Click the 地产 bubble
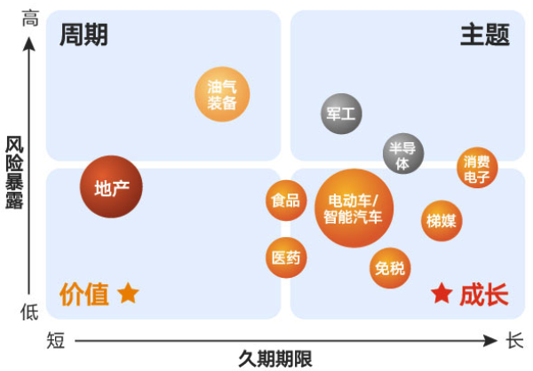111,187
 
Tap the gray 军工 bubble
341,114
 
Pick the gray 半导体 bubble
403,154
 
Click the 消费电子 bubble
477,168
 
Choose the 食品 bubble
286,200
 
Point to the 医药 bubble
286,257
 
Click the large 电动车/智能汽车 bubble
354,209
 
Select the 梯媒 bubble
442,220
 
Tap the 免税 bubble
389,267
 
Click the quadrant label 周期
84,36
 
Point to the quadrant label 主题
484,36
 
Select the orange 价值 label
84,294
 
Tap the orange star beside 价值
129,293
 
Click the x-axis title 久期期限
275,359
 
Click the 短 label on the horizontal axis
55,340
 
